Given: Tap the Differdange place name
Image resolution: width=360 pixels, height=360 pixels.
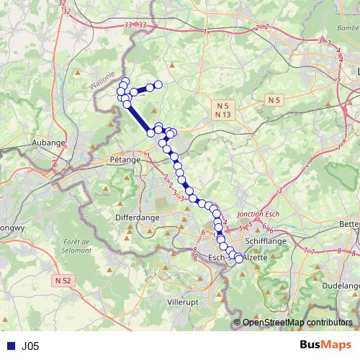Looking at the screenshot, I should (x=137, y=216).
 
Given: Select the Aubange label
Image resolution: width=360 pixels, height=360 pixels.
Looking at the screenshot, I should (x=48, y=143).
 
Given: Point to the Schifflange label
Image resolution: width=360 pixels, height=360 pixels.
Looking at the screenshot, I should (x=266, y=243).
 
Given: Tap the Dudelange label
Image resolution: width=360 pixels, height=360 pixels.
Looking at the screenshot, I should (x=342, y=284).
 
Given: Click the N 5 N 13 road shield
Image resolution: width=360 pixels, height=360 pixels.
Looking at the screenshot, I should (x=222, y=110).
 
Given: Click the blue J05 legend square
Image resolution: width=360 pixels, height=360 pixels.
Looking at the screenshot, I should (x=9, y=346).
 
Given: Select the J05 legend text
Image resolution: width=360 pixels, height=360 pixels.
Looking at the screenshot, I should (x=30, y=346).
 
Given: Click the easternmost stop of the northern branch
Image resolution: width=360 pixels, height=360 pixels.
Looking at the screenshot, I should (x=158, y=86).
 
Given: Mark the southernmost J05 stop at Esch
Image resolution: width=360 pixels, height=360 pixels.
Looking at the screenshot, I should (x=238, y=259).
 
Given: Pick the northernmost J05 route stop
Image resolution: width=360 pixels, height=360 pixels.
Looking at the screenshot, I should (x=125, y=81).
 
